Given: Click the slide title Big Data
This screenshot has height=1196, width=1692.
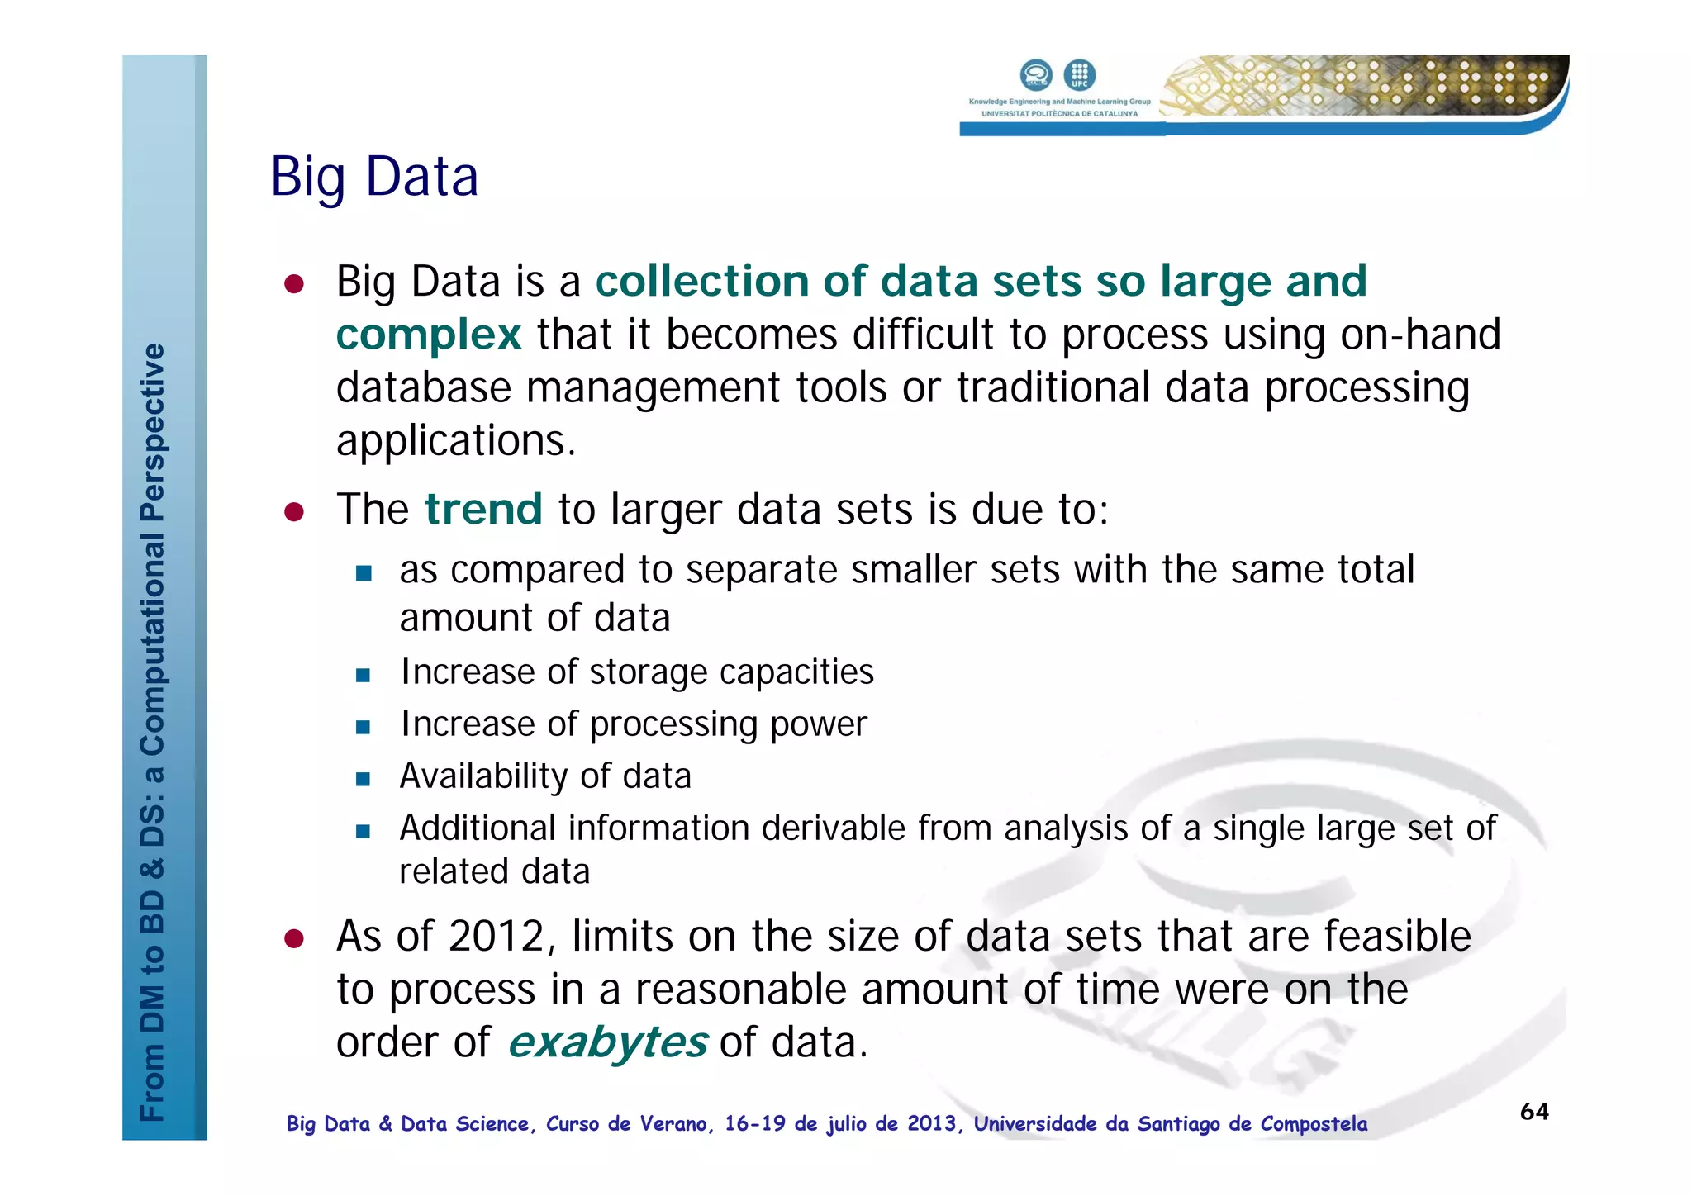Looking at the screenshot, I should point(374,177).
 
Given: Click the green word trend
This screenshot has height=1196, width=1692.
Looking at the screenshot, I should point(483,509).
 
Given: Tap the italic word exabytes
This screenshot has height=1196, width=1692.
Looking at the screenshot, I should point(607,1042).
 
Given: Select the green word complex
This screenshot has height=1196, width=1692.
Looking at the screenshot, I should point(428,335).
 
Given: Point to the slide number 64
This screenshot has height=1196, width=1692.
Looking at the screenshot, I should point(1534,1112).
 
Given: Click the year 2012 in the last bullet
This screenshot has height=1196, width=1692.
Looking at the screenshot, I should point(496,937).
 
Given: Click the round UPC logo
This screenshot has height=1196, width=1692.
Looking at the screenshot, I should point(1079,75).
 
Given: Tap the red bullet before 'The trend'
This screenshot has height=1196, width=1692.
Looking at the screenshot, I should point(294,512).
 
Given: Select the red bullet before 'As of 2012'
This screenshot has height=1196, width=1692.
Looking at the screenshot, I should point(294,939).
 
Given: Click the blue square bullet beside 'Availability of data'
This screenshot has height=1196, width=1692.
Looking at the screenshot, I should point(363,779).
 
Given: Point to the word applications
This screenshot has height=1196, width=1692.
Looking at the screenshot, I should point(455,441).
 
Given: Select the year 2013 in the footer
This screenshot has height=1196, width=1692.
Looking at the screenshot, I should point(931,1124).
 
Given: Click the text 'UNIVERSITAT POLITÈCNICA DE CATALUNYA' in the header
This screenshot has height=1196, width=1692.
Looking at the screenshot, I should point(1059,114).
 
